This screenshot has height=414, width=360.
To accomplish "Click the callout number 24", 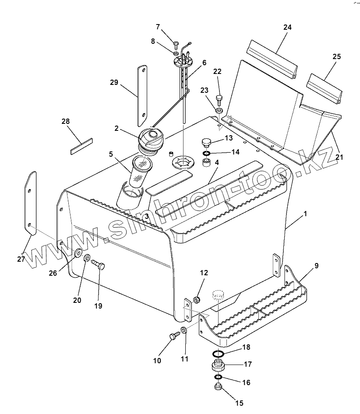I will pyautogui.click(x=287, y=27).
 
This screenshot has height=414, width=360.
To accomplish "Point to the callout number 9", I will pyautogui.click(x=316, y=266).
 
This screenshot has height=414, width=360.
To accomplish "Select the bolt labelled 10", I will pyautogui.click(x=173, y=336).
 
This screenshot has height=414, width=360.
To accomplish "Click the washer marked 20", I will pyautogui.click(x=86, y=259).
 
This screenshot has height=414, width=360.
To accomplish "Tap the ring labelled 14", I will pyautogui.click(x=206, y=153).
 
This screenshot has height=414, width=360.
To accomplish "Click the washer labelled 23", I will pyautogui.click(x=219, y=109).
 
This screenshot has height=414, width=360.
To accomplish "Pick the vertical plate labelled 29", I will pyautogui.click(x=141, y=94).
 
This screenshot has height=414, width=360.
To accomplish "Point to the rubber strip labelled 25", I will pyautogui.click(x=325, y=88).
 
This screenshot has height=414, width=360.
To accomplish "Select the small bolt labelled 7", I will pyautogui.click(x=176, y=44).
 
